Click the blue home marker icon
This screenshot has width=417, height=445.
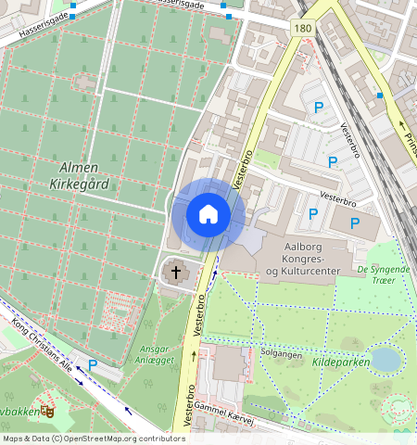pyautogui.click(x=208, y=214)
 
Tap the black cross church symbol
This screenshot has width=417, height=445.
pyautogui.click(x=176, y=273)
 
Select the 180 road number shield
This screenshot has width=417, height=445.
pyautogui.click(x=303, y=30)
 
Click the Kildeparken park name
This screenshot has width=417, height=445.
pyautogui.click(x=340, y=362)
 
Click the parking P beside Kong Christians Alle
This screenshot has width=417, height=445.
pyautogui.click(x=93, y=365)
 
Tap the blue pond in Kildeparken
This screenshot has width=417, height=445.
pyautogui.click(x=385, y=358)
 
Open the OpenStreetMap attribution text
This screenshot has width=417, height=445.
pyautogui.click(x=94, y=439)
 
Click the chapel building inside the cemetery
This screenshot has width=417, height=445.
pyautogui.click(x=84, y=82)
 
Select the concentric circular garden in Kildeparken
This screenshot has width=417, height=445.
pyautogui.click(x=399, y=409)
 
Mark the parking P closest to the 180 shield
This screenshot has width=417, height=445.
pyautogui.click(x=320, y=108)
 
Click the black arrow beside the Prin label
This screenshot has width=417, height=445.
pyautogui.click(x=402, y=124)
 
